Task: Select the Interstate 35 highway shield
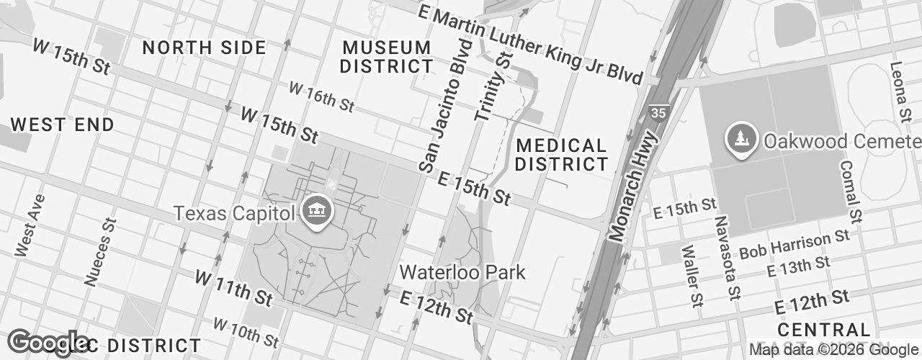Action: click(x=657, y=112)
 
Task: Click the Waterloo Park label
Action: click(x=462, y=273)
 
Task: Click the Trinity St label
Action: click(x=493, y=86)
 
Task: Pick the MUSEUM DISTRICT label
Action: click(x=387, y=57)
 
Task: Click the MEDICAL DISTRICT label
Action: click(x=561, y=155)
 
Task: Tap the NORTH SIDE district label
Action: click(x=204, y=48)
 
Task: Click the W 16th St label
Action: click(x=321, y=96)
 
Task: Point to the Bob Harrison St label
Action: click(x=795, y=245)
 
